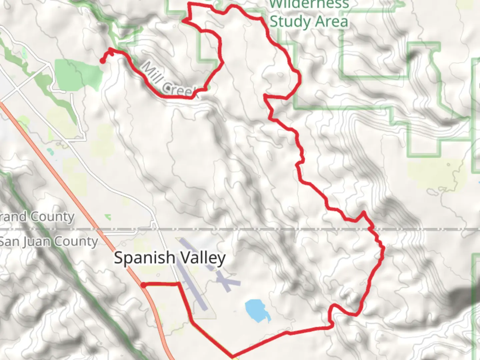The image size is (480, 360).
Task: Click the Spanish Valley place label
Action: [x=170, y=258]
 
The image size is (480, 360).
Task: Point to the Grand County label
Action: [x=37, y=217]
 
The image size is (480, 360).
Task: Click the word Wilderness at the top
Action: [x=309, y=4]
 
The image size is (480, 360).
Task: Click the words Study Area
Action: [x=309, y=22]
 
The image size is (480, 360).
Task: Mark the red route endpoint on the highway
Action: [x=143, y=285]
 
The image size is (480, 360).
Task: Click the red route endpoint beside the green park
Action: [x=102, y=61]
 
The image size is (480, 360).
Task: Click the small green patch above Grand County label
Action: [x=108, y=217]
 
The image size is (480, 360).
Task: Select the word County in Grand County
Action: [x=52, y=217]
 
